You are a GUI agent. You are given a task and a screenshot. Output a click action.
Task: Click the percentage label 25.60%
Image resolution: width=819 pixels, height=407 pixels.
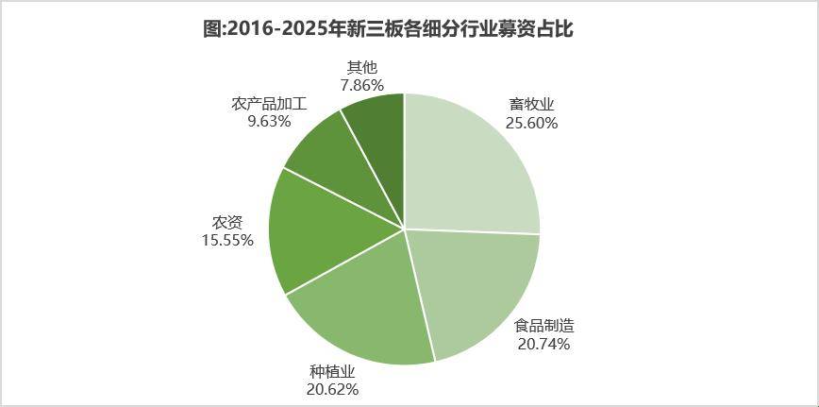point(530,123)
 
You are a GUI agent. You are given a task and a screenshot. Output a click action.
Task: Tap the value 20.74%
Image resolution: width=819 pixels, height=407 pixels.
point(543,344)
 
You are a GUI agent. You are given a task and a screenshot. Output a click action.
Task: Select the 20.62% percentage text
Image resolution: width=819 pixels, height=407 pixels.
point(332,388)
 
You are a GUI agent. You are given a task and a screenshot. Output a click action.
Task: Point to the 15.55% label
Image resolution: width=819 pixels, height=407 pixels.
point(227,240)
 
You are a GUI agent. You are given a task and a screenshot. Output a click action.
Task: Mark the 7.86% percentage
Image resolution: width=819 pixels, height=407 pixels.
point(362,85)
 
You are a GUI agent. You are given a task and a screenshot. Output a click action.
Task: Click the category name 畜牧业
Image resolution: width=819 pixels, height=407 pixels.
point(530,105)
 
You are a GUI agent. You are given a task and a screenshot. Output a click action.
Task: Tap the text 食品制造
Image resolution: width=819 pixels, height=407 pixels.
point(543,326)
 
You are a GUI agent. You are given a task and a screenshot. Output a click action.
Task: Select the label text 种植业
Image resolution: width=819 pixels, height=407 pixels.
point(332,370)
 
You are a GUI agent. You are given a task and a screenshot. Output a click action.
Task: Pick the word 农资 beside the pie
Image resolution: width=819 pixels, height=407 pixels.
point(227,223)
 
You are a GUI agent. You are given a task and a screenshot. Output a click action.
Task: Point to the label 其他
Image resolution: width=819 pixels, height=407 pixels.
point(362,67)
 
